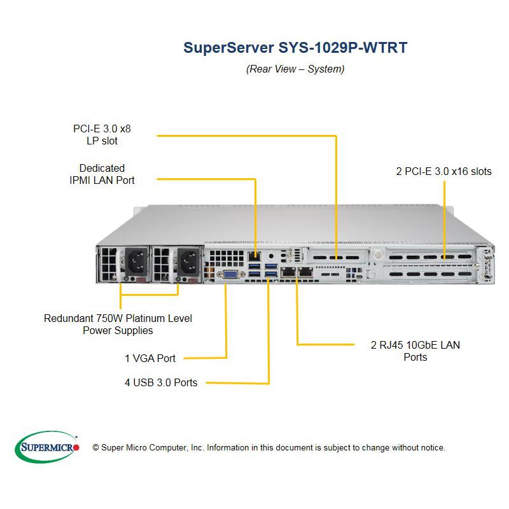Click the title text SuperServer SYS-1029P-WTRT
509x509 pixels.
coord(295,48)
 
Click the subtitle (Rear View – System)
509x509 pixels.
coord(295,69)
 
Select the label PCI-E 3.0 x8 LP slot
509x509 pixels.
coord(102,135)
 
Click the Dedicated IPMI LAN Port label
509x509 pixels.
coord(102,174)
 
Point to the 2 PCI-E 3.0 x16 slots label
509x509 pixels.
coord(443,171)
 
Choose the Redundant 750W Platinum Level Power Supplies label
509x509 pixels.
coord(118,324)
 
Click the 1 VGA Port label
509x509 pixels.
coord(150,358)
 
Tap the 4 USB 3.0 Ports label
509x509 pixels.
coord(160,382)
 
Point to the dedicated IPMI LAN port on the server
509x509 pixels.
coord(256,258)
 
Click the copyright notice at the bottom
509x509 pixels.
coord(269,447)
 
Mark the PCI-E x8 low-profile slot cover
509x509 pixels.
coord(336,258)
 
